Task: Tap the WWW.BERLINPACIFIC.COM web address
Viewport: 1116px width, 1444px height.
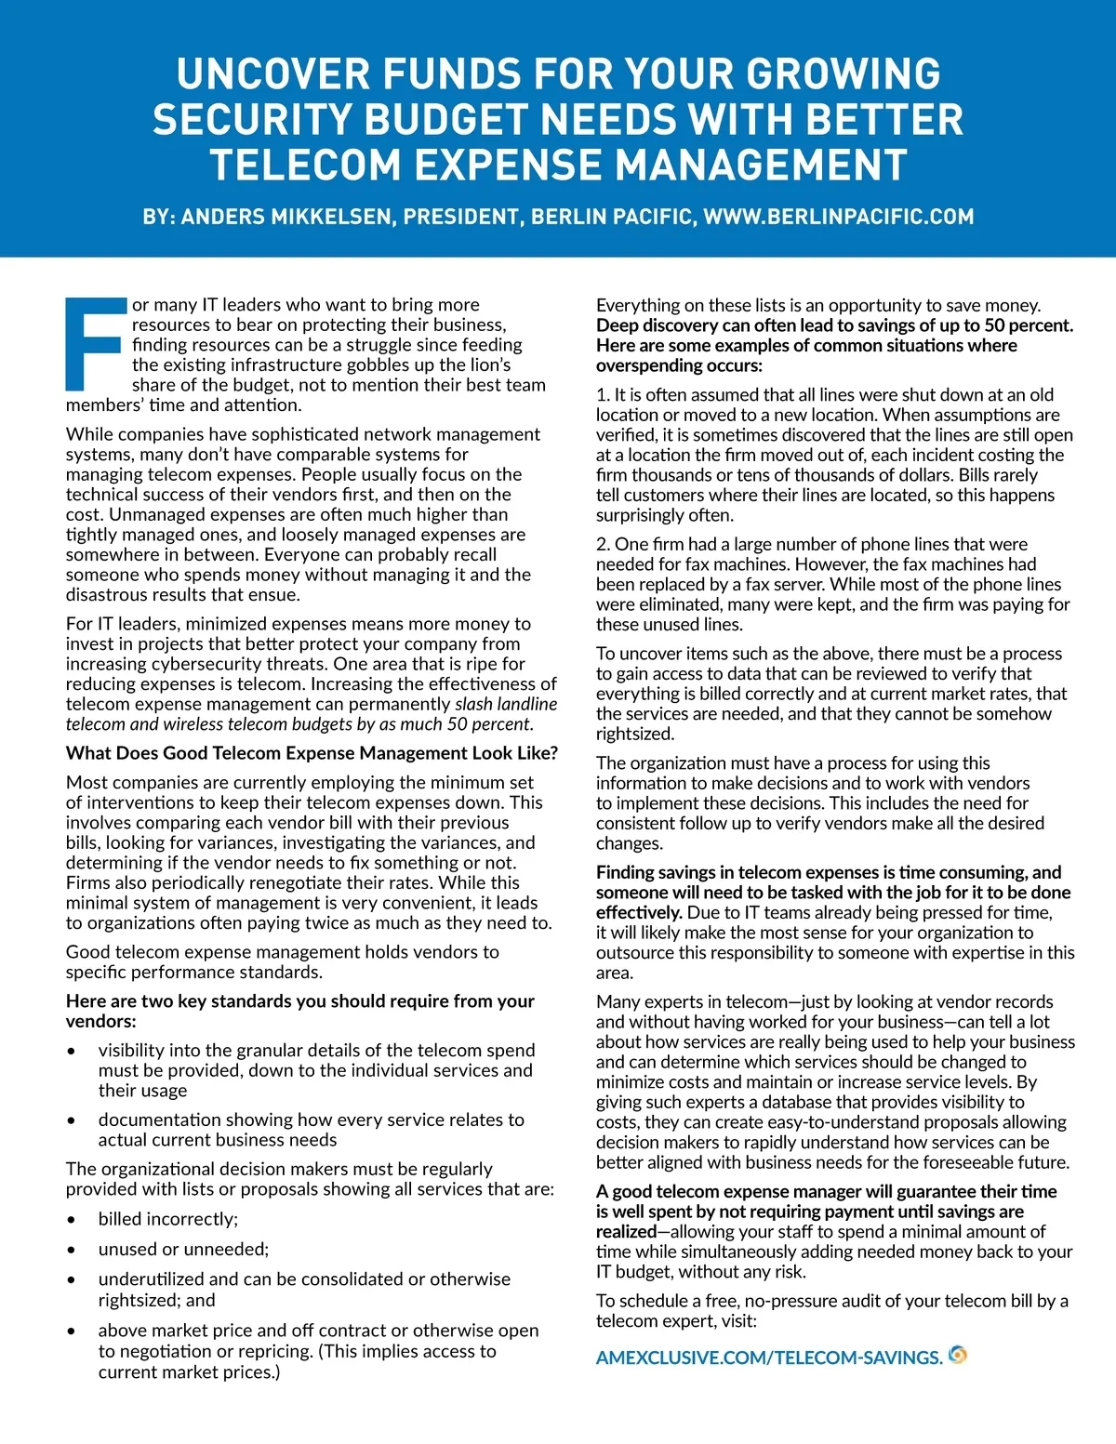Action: tap(838, 218)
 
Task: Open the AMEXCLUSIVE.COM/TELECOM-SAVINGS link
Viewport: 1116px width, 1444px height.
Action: tap(768, 1358)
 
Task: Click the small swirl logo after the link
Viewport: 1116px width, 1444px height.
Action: tap(958, 1355)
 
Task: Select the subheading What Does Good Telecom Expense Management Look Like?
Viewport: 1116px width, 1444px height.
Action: tap(312, 753)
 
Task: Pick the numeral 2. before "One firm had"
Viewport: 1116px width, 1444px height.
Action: tap(604, 544)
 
